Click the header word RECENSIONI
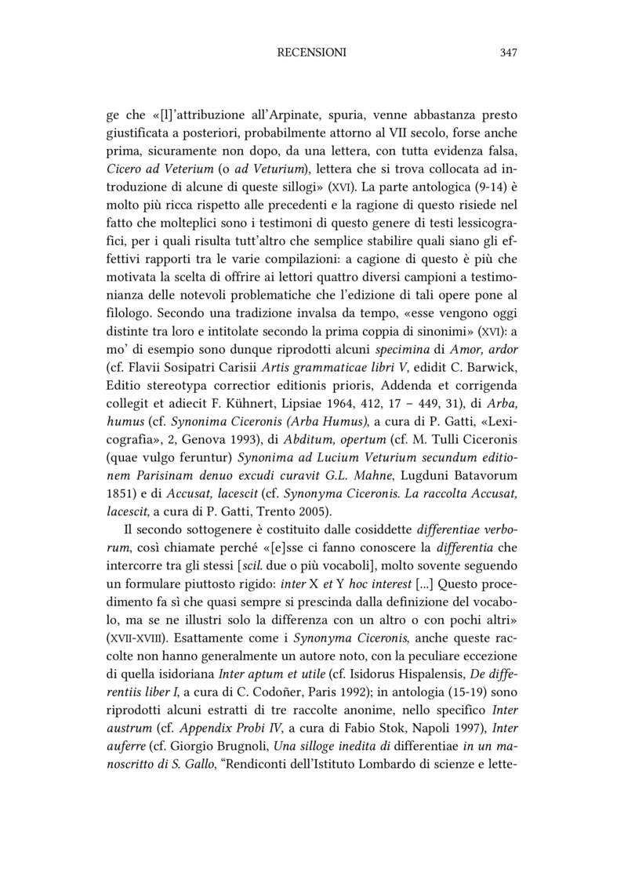pos(312,53)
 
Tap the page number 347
pos(508,53)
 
